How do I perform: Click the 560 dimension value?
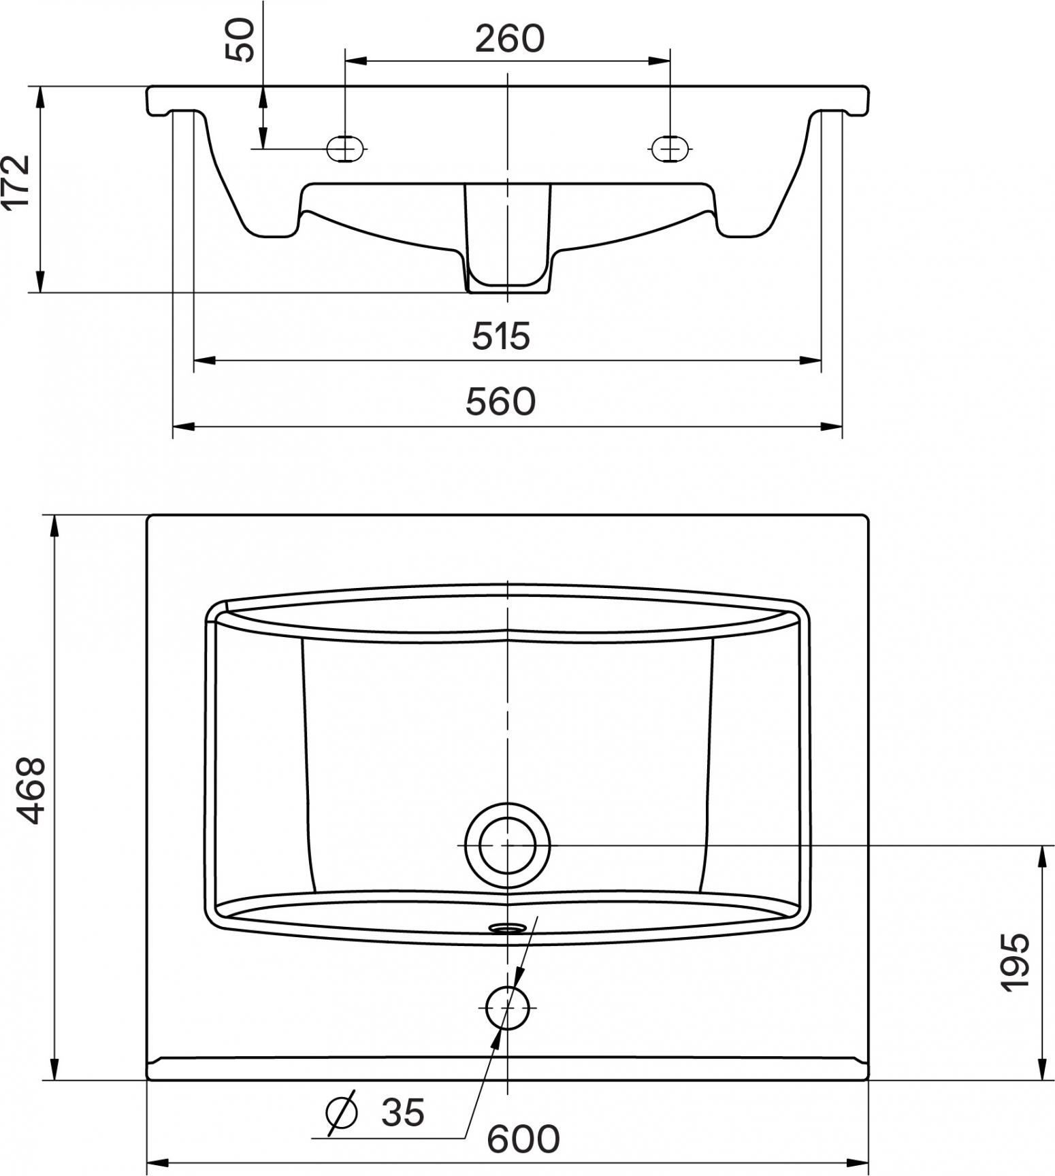[501, 401]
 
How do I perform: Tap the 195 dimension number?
[1016, 962]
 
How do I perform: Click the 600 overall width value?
[524, 1138]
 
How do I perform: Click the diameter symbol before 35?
[342, 1112]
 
